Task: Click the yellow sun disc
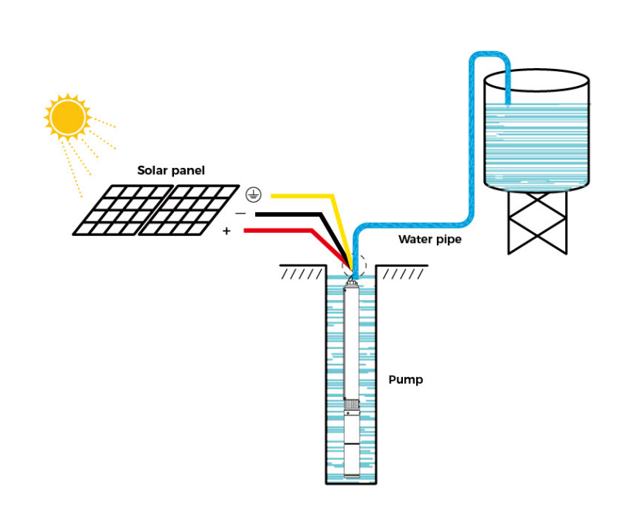(x=67, y=117)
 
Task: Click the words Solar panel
(x=171, y=170)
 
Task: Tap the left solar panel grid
(x=123, y=210)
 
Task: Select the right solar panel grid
(x=189, y=210)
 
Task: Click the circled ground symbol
(x=254, y=195)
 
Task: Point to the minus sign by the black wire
(x=241, y=214)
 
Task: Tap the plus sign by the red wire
(x=227, y=231)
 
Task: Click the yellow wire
(x=333, y=197)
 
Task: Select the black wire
(x=322, y=214)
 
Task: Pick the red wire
(x=312, y=231)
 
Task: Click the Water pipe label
(x=430, y=239)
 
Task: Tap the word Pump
(x=406, y=380)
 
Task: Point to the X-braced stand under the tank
(x=537, y=222)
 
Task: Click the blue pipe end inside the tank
(x=508, y=104)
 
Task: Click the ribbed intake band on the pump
(x=352, y=405)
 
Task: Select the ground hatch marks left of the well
(x=302, y=274)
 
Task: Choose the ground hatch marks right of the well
(x=403, y=274)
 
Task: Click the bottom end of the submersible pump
(x=352, y=476)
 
